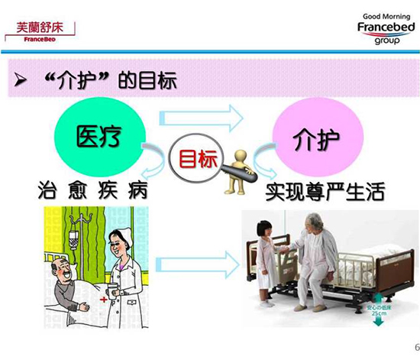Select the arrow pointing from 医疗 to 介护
202,118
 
